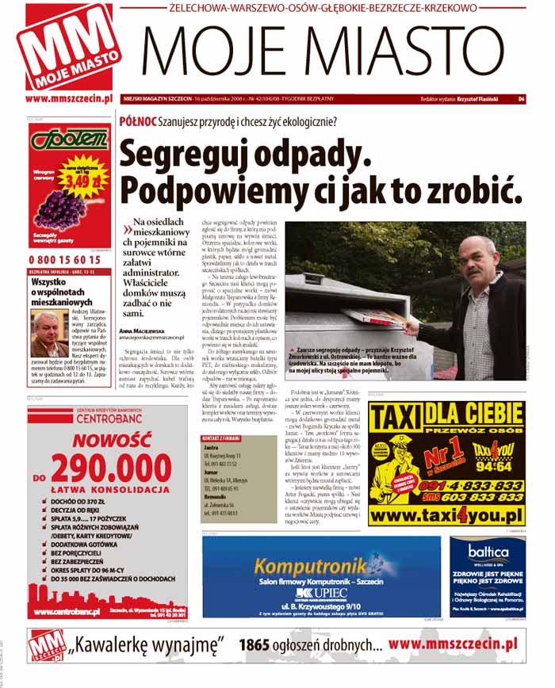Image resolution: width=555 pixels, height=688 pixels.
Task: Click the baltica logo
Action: tap(487, 552)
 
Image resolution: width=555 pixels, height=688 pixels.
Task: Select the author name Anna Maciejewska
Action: tap(147, 329)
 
